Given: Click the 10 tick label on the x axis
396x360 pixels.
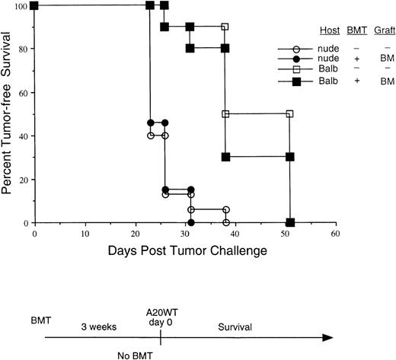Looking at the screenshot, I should [x=85, y=234].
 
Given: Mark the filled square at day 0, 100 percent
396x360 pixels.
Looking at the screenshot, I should [x=35, y=6].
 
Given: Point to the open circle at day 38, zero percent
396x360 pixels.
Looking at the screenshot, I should [x=225, y=223].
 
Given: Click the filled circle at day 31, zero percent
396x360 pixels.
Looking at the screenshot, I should [x=190, y=223].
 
